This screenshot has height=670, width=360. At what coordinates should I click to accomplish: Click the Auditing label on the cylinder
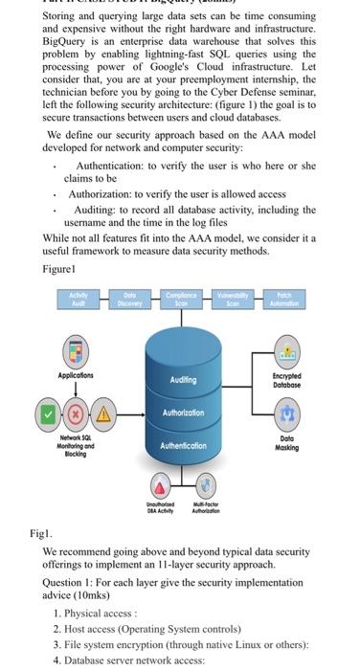pos(183,379)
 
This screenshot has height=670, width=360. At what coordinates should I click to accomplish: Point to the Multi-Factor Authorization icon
pos(207,483)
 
